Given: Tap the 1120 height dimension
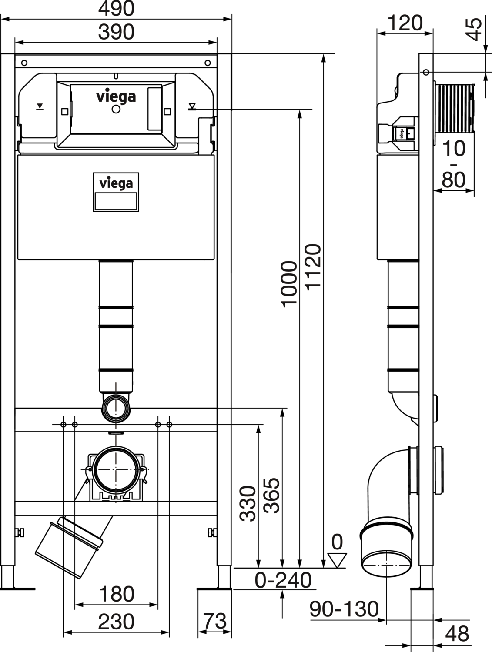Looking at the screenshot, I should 313,266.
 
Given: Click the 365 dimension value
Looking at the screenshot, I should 272,496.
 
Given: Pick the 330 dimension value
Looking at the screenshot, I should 248,503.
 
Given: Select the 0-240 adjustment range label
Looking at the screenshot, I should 283,580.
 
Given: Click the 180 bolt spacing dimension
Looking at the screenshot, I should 116,594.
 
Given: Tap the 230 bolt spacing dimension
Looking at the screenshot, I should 116,622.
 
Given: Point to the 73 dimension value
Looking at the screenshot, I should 214,621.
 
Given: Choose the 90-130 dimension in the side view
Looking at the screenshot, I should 344,609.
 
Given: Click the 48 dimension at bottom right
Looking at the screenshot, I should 457,633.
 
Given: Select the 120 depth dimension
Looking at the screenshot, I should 405,23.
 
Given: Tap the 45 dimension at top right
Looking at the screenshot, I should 475,29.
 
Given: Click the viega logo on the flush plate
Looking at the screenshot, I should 116,96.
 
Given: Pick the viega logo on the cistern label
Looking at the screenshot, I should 116,183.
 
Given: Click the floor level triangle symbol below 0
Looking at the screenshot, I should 337,560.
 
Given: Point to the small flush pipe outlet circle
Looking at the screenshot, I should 116,409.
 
